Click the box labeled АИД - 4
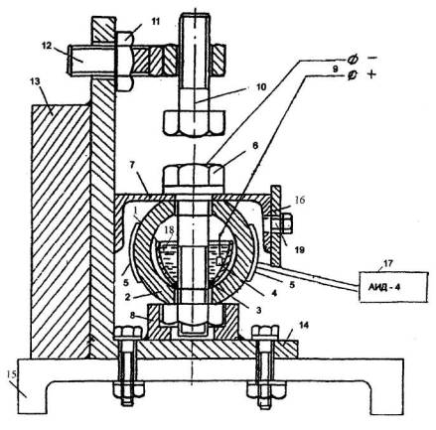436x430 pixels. click(x=393, y=287)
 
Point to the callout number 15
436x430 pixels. click(x=12, y=374)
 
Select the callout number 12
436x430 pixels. click(x=47, y=46)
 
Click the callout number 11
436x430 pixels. click(x=155, y=22)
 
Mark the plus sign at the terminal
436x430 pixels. click(x=371, y=74)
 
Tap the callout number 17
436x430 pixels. click(x=388, y=263)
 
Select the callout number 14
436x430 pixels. click(x=304, y=325)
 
